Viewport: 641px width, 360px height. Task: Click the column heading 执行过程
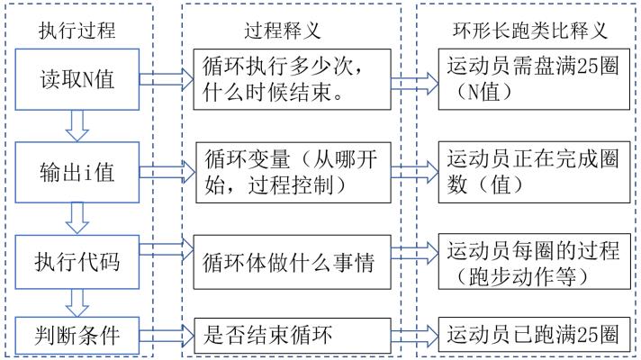coord(77,31)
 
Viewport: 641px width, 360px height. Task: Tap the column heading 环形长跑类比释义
coord(528,31)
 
